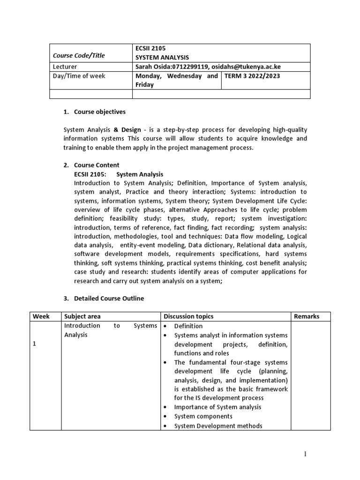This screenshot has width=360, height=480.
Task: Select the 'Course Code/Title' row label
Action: tap(78, 55)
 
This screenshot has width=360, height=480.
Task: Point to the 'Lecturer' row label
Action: tap(66, 67)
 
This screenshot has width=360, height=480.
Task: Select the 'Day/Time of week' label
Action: tap(79, 76)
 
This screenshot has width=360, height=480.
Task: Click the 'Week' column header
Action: tap(41, 316)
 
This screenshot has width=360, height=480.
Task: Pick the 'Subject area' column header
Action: tap(82, 316)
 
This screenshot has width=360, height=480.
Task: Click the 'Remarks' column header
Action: tap(307, 316)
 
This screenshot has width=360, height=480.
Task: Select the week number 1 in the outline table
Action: tap(34, 344)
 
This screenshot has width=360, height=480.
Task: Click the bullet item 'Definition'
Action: tap(188, 326)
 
